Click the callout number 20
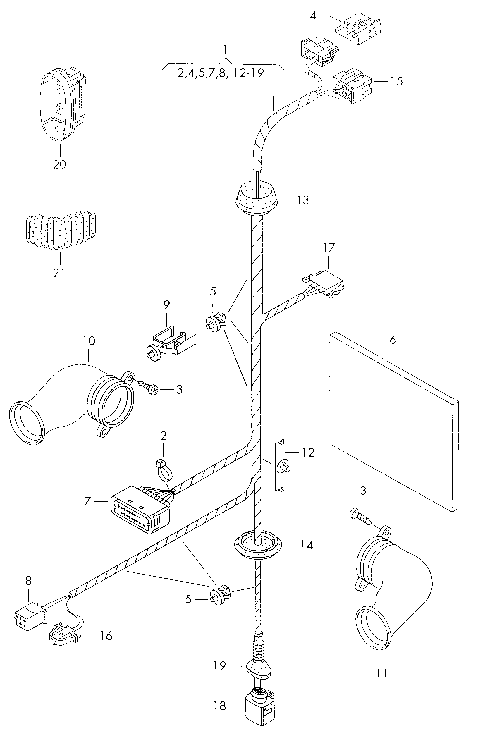[x=60, y=164]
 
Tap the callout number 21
[x=59, y=273]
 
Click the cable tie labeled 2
[x=165, y=472]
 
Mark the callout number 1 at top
[x=225, y=50]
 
